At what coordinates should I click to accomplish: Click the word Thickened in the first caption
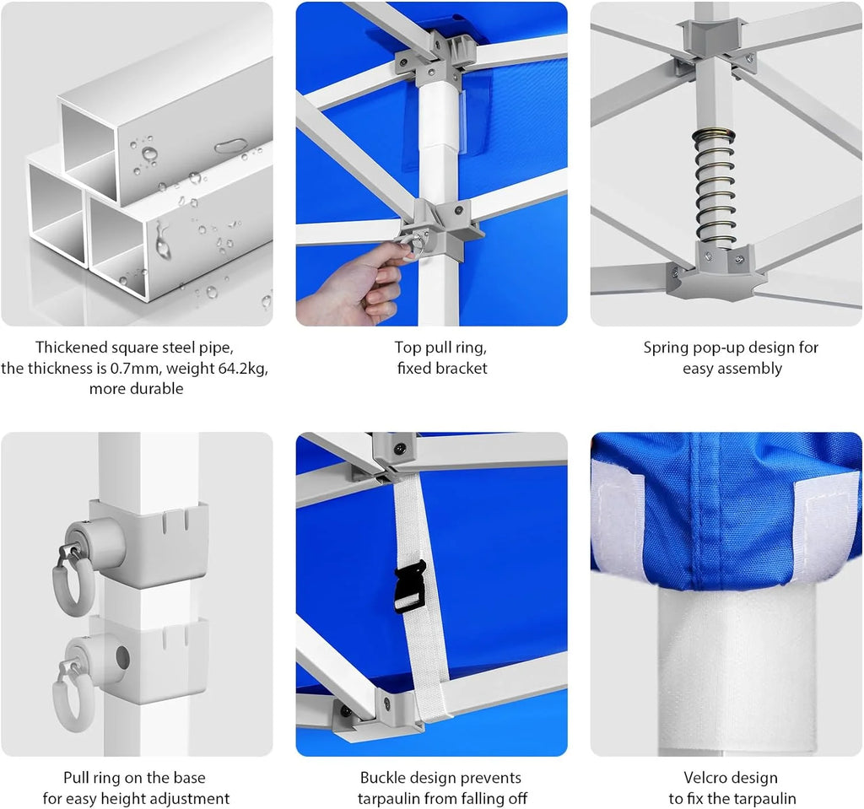(72, 348)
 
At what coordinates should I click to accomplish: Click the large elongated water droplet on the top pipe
(231, 146)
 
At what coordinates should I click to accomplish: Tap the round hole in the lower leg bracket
(121, 657)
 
